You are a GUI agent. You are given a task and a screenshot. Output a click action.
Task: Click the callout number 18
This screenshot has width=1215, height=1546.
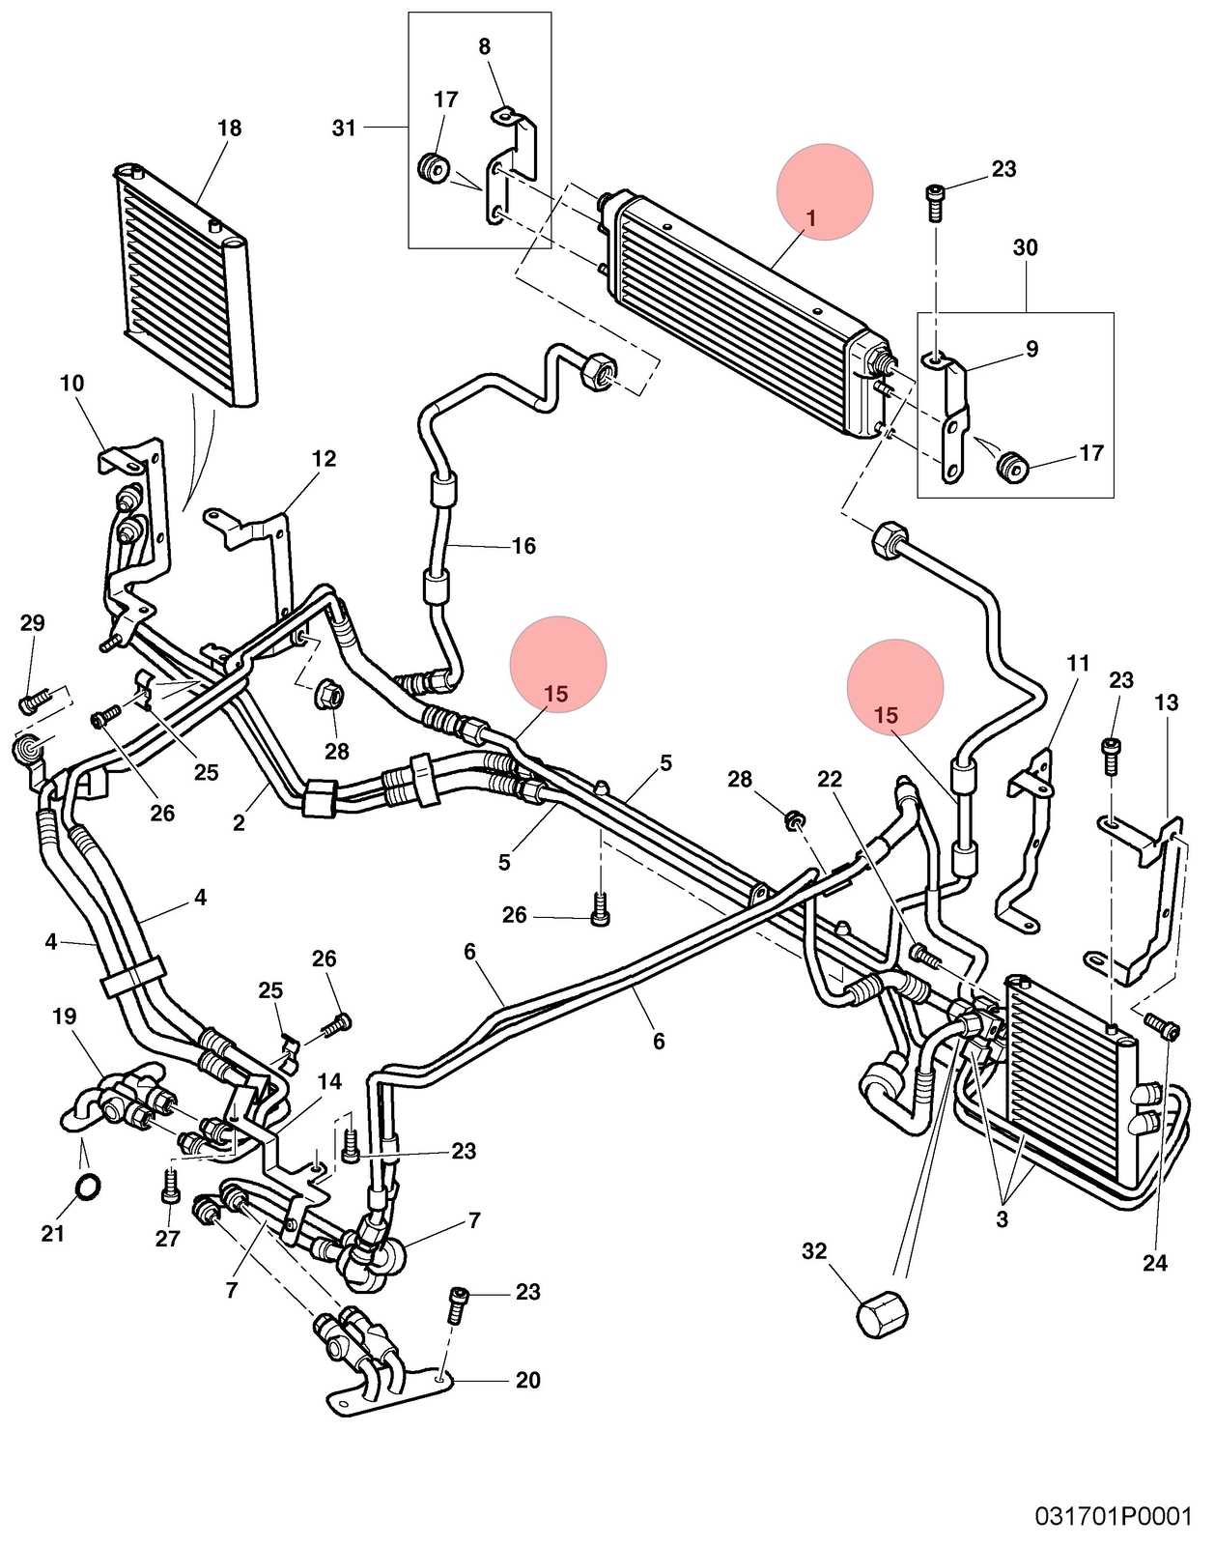pos(229,129)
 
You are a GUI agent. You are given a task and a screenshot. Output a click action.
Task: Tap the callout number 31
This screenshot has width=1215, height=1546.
pos(344,128)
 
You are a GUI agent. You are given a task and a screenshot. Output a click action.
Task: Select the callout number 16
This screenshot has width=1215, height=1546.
pos(524,546)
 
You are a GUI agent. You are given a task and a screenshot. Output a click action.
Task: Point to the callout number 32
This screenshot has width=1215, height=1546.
pos(813,1251)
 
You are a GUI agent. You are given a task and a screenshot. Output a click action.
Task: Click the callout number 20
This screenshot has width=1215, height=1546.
pos(527,1381)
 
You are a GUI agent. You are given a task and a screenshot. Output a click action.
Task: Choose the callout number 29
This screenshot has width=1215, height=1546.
pos(32,623)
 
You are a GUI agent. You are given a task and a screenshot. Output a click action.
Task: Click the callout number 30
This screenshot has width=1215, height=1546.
pos(1026,248)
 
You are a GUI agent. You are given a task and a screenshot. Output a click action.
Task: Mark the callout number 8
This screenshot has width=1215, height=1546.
pos(485,46)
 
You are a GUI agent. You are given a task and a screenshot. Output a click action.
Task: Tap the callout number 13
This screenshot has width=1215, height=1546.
pos(1168,702)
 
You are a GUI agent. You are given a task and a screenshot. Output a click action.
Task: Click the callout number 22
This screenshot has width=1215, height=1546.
pos(830,779)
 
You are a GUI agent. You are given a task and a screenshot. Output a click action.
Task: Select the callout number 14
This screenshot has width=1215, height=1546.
pos(330,1081)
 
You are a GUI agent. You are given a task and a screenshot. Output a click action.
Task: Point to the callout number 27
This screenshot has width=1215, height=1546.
pos(167,1239)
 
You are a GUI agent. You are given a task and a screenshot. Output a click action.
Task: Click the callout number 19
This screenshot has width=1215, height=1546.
pos(64,1016)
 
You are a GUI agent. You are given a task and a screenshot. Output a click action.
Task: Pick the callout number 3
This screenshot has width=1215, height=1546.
pos(1002,1219)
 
